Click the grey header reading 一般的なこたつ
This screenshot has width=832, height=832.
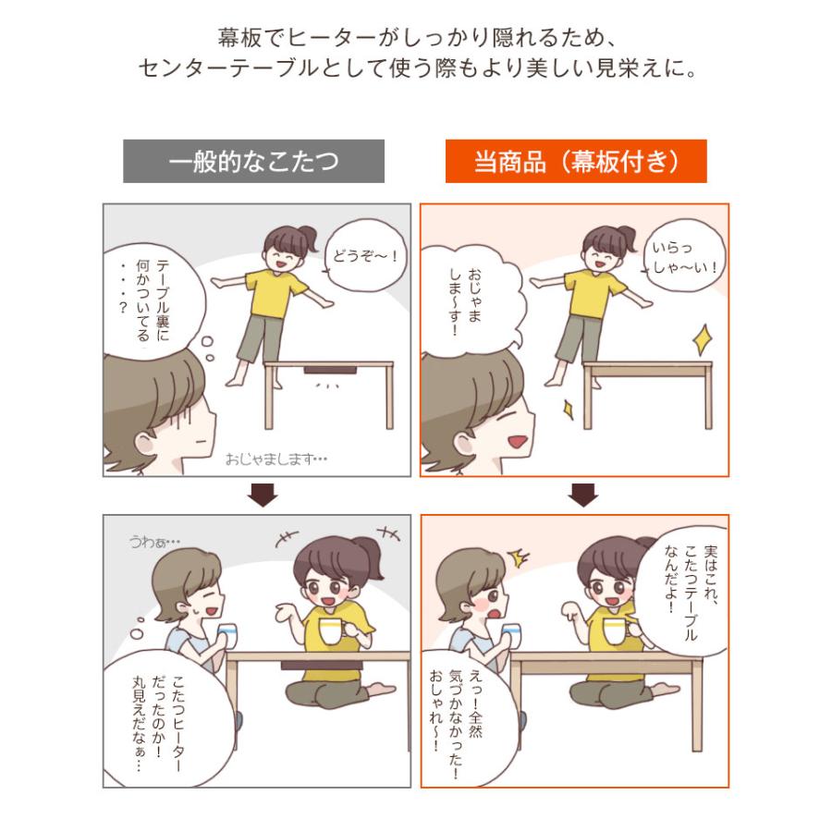tap(253, 161)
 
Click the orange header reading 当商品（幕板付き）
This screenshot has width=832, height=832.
tap(576, 161)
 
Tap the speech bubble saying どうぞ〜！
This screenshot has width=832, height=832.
tap(365, 256)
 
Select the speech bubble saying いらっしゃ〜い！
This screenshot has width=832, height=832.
tap(684, 256)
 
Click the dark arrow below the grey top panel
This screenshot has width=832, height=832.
tap(263, 495)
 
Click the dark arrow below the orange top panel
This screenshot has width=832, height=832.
tap(583, 495)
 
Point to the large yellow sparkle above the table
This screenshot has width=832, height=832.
tap(704, 339)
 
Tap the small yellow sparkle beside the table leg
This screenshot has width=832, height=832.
tap(569, 410)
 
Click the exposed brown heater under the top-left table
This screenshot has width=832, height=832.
tap(330, 369)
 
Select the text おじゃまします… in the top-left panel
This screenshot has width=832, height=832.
tap(276, 459)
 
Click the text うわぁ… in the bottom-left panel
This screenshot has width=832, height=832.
tap(154, 542)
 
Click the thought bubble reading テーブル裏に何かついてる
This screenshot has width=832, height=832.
tap(153, 300)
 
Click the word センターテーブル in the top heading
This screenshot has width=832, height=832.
tap(229, 68)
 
